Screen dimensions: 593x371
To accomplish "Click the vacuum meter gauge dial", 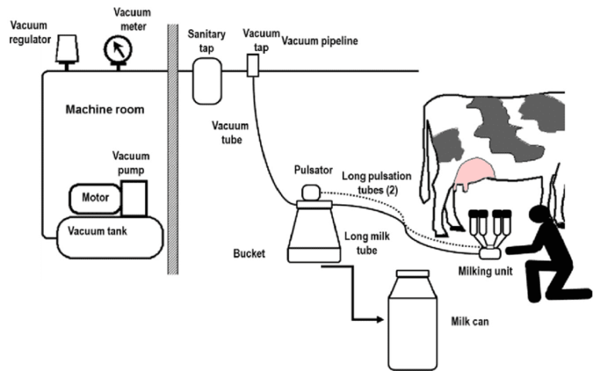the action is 118,49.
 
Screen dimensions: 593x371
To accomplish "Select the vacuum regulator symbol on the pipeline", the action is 67,49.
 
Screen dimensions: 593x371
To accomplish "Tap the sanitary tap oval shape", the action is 207,81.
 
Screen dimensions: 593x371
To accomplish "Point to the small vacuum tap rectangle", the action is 253,66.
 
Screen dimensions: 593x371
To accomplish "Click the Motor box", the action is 95,198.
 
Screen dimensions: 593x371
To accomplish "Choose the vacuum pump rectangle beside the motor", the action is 134,198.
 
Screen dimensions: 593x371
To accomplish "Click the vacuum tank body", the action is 110,238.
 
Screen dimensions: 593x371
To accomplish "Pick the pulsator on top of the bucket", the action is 311,192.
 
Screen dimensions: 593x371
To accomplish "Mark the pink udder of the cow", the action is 475,174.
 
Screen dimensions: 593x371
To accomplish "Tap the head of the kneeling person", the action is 538,215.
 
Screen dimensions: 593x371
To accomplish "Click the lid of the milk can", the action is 412,274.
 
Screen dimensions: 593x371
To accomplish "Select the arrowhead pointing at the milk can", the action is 380,320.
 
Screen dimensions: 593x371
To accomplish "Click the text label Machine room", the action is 105,110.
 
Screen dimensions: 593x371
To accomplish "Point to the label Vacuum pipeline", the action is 320,41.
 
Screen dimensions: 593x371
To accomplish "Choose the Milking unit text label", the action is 485,272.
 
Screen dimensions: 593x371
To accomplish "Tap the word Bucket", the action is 249,254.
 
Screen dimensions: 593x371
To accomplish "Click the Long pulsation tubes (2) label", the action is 377,183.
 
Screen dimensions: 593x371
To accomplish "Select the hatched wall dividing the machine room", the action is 173,149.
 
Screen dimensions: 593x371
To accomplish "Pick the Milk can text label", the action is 469,322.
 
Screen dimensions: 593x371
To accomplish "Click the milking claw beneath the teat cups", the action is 490,252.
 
